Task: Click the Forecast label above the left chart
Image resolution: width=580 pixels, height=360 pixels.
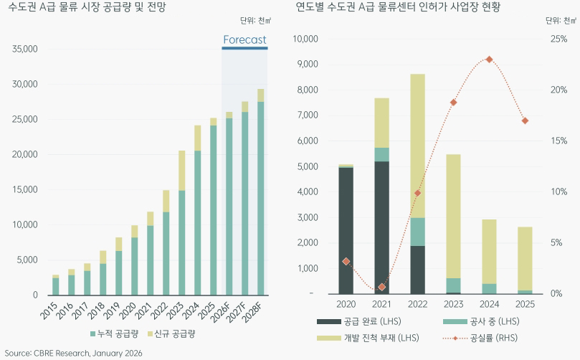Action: point(244,40)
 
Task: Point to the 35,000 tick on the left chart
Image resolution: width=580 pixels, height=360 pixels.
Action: point(25,49)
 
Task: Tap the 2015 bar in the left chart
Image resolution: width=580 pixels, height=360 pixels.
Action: point(55,285)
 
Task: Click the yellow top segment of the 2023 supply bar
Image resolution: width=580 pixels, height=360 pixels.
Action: point(182,171)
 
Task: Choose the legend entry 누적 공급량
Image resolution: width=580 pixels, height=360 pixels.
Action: point(115,334)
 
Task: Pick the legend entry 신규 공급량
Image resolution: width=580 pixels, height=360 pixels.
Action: point(171,334)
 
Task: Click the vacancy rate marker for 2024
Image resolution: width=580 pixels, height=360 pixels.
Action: point(489,60)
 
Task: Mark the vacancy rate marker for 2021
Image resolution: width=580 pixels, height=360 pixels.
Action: point(382,287)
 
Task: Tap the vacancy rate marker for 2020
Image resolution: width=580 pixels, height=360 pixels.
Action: point(346,262)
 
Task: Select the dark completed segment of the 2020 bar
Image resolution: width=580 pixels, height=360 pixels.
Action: point(346,229)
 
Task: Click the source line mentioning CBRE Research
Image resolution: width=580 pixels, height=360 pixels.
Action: point(74,354)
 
